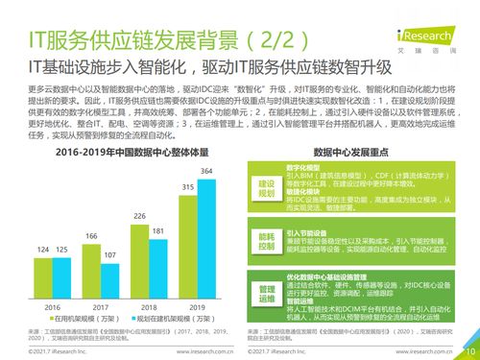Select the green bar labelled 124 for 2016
[46, 277]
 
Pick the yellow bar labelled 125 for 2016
[64, 277]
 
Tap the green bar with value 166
[92, 271]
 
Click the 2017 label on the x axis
[101, 307]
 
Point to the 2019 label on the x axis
[194, 307]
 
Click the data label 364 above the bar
[205, 171]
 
